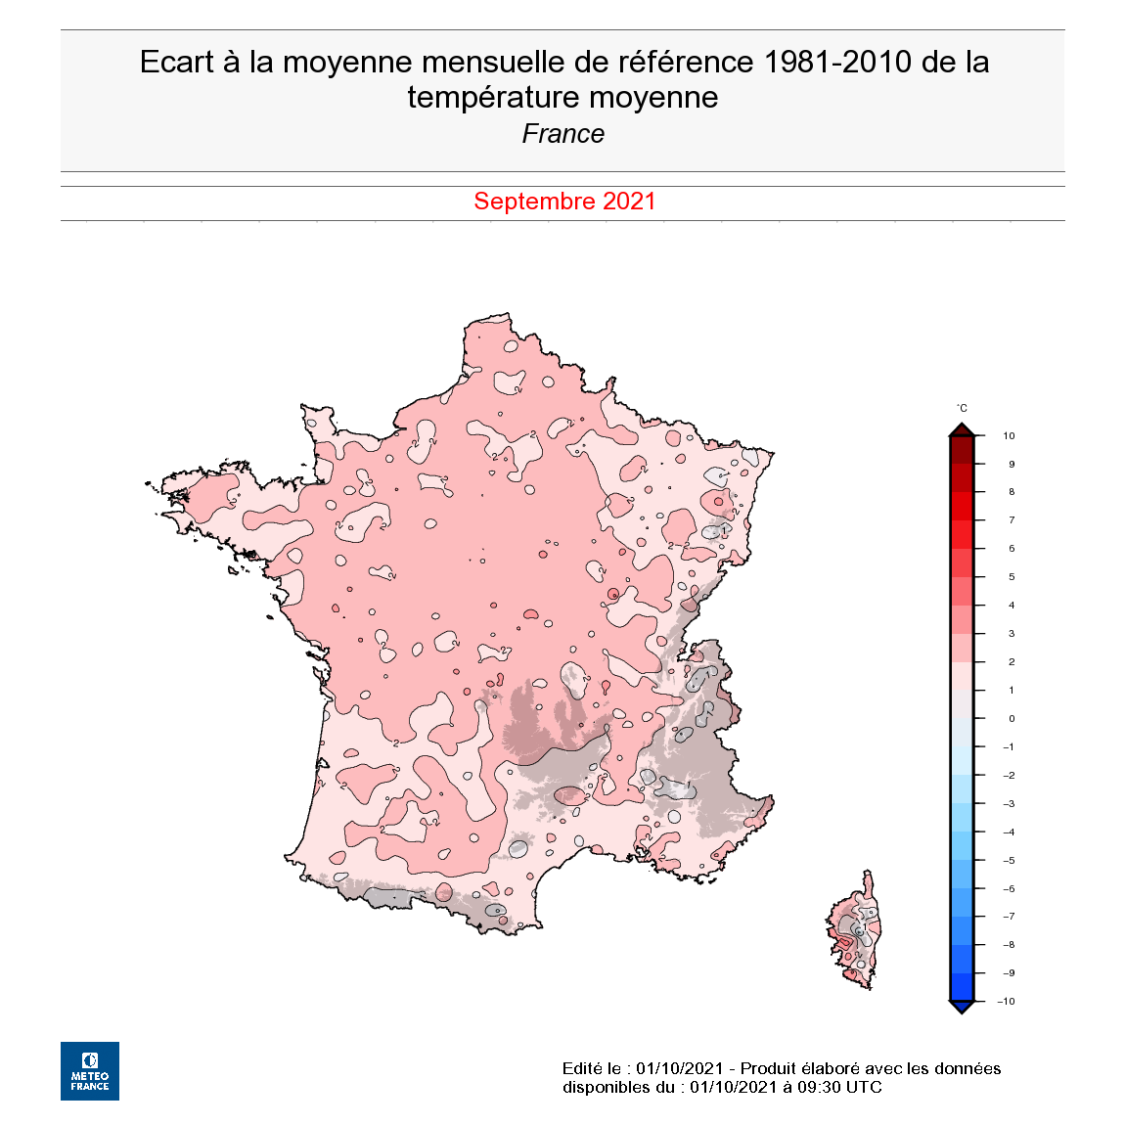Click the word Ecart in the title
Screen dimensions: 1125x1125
[176, 63]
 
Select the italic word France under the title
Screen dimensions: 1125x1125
[563, 134]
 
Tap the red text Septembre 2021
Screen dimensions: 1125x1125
[564, 202]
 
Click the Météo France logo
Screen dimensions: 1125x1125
[90, 1071]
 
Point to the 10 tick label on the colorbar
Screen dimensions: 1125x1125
[1009, 436]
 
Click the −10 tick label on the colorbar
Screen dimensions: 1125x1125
[1006, 1002]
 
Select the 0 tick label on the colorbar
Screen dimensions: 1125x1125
[1012, 719]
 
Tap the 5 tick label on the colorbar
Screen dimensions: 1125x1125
[1012, 577]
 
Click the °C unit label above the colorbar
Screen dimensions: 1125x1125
[962, 409]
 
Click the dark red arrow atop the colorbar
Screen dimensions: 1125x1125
[962, 429]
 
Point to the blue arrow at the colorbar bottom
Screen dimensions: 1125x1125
[962, 1007]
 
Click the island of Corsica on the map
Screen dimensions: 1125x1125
[855, 934]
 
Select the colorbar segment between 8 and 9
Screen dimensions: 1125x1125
[962, 478]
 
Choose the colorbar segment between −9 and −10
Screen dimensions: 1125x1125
[962, 987]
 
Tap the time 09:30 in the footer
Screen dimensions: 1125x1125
[811, 1087]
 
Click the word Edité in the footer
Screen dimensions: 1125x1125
[581, 1068]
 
